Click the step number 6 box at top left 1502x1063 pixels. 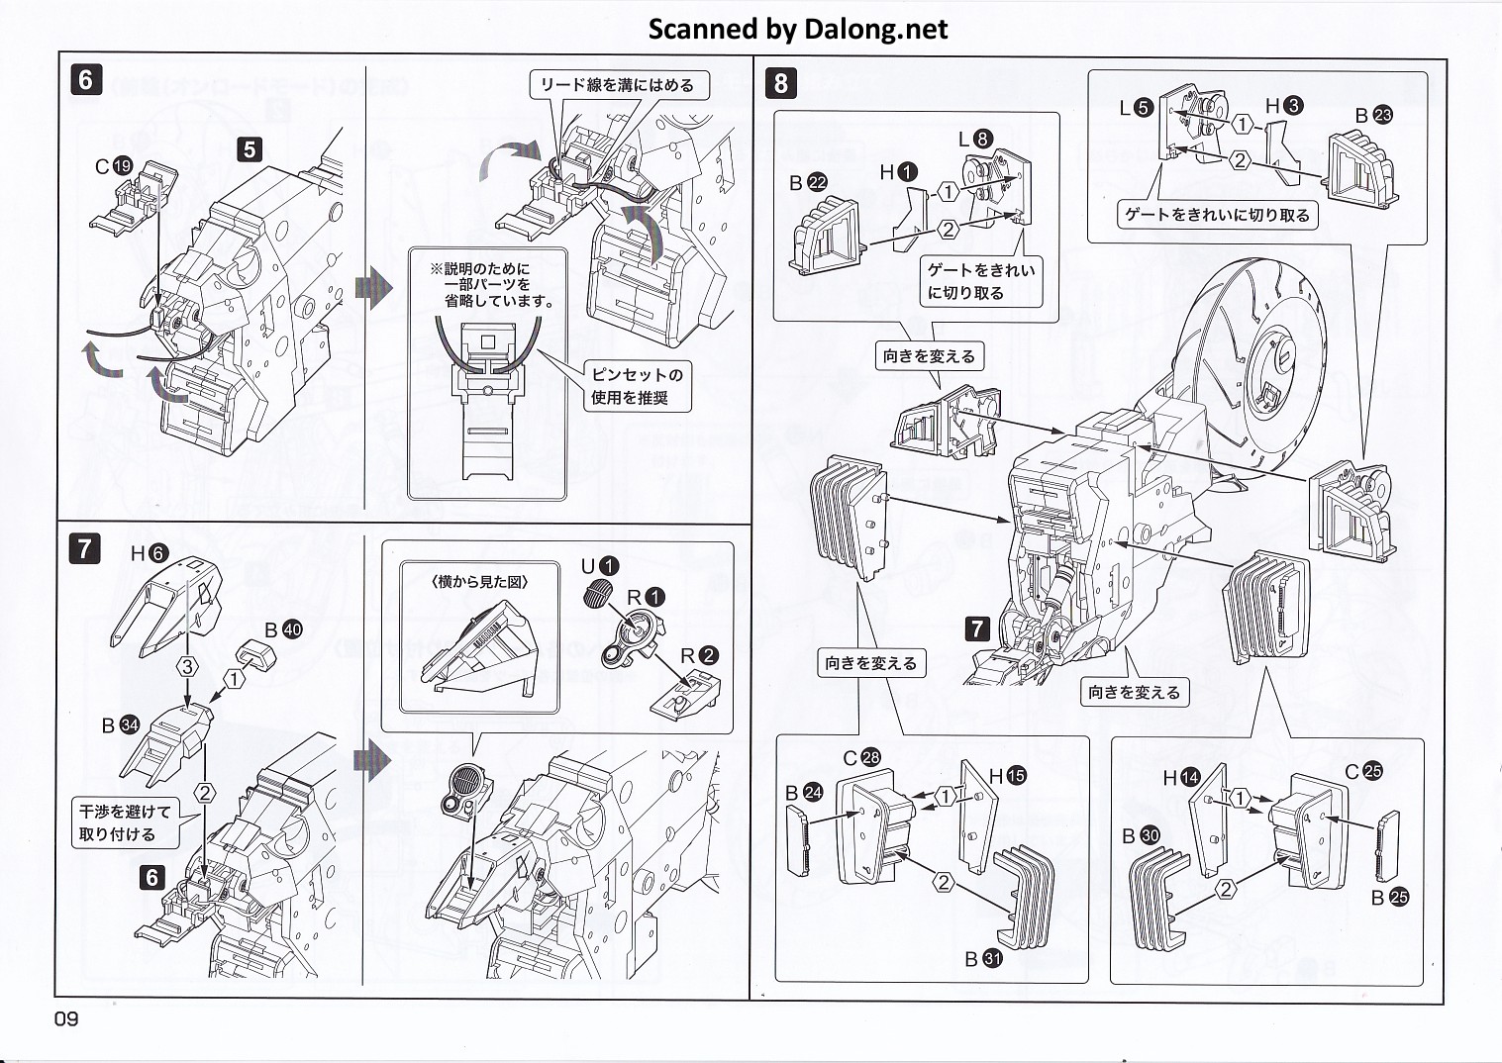(86, 79)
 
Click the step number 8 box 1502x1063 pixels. (780, 82)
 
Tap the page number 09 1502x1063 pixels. (66, 1018)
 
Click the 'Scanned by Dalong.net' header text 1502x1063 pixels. (797, 30)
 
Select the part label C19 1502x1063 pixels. (114, 166)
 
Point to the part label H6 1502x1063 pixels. (150, 554)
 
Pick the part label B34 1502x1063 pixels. (120, 725)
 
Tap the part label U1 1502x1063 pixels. (599, 566)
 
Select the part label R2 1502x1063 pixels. (699, 655)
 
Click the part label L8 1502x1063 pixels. (974, 140)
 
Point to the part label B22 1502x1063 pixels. (808, 183)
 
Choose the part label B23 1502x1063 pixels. (1373, 116)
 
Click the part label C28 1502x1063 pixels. (860, 758)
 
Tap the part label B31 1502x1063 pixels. (983, 959)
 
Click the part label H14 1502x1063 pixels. (1181, 778)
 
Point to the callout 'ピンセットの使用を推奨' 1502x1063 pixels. (637, 386)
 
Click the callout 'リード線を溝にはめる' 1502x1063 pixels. (616, 85)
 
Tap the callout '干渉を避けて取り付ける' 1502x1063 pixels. (125, 822)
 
